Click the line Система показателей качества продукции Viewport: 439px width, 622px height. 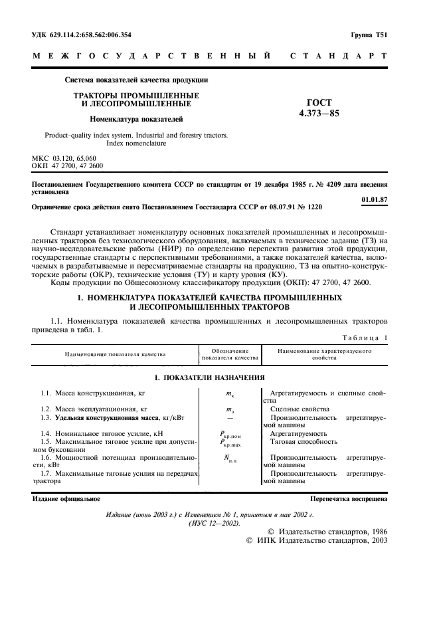(x=136, y=80)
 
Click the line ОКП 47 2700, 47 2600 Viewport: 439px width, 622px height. (x=68, y=165)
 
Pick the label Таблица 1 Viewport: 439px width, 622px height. (x=363, y=338)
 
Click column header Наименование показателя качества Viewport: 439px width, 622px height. (x=115, y=354)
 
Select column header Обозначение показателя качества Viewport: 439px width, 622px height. (x=230, y=354)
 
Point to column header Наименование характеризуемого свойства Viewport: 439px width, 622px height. (x=324, y=354)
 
